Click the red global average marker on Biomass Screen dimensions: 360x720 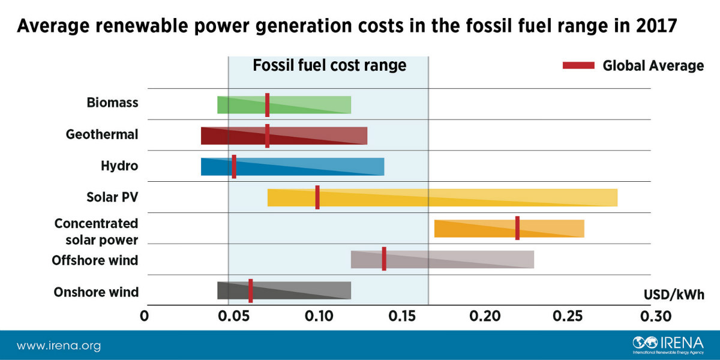click(267, 104)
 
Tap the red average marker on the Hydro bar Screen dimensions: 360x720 click(234, 166)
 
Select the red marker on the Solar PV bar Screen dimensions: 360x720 click(317, 197)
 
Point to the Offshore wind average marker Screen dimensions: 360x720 click(384, 259)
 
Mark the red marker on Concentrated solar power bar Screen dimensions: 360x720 click(517, 228)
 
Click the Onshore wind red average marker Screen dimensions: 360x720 click(251, 290)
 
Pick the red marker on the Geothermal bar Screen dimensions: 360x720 click(267, 136)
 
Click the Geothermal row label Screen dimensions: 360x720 click(102, 134)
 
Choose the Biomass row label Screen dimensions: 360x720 click(112, 103)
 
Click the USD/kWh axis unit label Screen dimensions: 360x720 click(674, 295)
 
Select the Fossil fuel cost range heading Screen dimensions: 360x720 click(329, 65)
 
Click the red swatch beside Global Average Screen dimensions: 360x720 click(578, 65)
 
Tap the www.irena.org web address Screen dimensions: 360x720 click(58, 346)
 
